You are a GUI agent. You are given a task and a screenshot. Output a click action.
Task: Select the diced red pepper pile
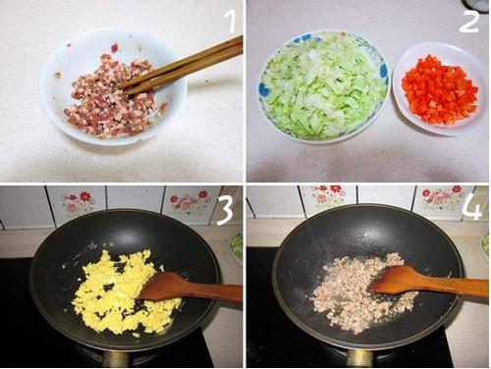click(440, 90)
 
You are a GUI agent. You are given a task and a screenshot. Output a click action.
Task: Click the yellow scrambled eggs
click(126, 291)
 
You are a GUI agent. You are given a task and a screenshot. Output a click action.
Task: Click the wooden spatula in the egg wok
click(190, 288)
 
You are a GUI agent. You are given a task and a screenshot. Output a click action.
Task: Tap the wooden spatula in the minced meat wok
click(429, 282)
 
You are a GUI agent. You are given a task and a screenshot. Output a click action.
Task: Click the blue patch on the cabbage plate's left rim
click(263, 89)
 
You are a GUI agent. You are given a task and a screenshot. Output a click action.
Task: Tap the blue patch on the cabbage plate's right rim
click(383, 71)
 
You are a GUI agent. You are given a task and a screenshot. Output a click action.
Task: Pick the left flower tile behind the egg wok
click(76, 202)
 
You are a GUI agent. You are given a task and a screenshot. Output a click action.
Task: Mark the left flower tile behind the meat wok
click(328, 196)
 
